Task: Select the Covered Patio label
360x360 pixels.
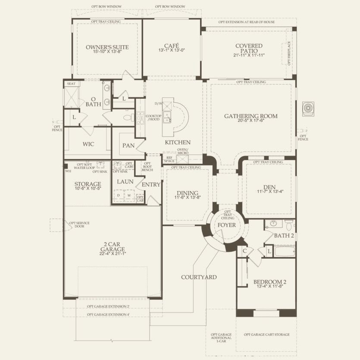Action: (249, 48)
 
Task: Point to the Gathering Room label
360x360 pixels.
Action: (250, 116)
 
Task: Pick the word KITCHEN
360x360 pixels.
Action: (178, 142)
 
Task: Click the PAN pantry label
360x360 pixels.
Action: (128, 146)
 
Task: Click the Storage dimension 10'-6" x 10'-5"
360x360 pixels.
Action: (88, 188)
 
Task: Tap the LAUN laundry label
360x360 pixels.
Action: (125, 182)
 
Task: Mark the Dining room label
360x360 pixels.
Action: (187, 193)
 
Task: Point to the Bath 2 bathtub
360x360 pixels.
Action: (285, 251)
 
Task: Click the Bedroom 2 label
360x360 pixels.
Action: (270, 283)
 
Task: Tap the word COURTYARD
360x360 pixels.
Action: (199, 277)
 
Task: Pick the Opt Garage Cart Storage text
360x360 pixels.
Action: (266, 335)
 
